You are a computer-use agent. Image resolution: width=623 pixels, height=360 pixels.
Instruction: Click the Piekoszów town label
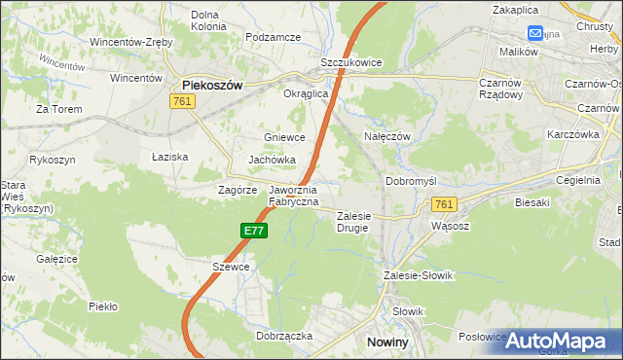click(x=212, y=85)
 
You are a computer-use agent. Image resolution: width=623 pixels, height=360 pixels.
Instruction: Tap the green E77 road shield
click(x=253, y=231)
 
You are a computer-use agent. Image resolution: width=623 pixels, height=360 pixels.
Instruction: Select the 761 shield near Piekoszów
click(x=182, y=101)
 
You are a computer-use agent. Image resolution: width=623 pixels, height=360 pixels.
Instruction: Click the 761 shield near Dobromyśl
click(x=444, y=203)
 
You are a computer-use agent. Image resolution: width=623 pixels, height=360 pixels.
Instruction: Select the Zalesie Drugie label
click(x=354, y=222)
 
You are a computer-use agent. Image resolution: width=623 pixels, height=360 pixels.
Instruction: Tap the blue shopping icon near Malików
click(x=534, y=32)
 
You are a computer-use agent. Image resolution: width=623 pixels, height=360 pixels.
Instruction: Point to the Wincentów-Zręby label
click(x=131, y=43)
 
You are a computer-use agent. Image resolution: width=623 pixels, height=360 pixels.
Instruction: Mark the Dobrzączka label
click(x=283, y=335)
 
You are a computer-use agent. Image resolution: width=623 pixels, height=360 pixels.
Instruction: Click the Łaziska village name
click(x=169, y=157)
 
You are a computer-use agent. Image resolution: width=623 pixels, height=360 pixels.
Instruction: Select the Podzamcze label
click(x=273, y=36)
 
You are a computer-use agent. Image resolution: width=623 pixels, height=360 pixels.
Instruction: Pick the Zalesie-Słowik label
click(x=419, y=275)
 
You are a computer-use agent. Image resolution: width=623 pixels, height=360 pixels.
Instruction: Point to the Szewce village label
click(x=232, y=267)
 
